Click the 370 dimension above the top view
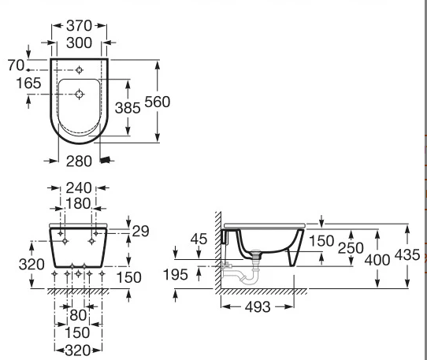80,26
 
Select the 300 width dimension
80,43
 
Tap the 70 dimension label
16,65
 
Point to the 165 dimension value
28,83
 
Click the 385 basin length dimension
128,108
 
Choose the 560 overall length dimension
157,102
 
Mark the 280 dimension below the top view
79,161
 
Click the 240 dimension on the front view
79,188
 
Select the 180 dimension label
78,203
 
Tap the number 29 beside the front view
140,231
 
